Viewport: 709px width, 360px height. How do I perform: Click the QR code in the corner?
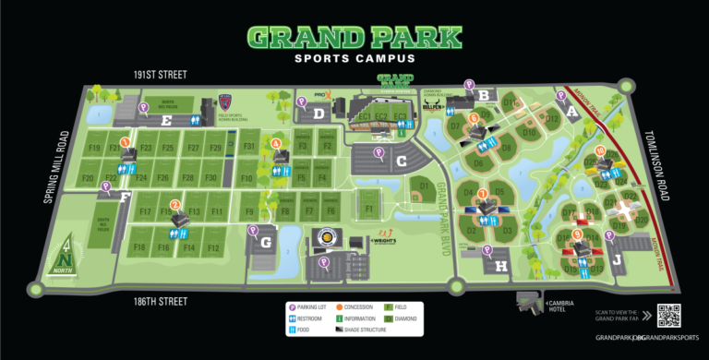[668, 315]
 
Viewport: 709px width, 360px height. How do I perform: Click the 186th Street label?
[160, 301]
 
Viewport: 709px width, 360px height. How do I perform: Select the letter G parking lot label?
[266, 243]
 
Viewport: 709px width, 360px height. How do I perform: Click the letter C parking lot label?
[401, 161]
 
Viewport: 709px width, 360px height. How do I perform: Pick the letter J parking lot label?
[617, 261]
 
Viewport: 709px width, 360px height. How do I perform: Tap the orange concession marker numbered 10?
[600, 151]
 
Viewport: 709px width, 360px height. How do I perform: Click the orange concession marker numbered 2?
[175, 204]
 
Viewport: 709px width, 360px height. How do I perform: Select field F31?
[247, 147]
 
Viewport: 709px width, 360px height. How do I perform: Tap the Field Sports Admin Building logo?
[227, 102]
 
